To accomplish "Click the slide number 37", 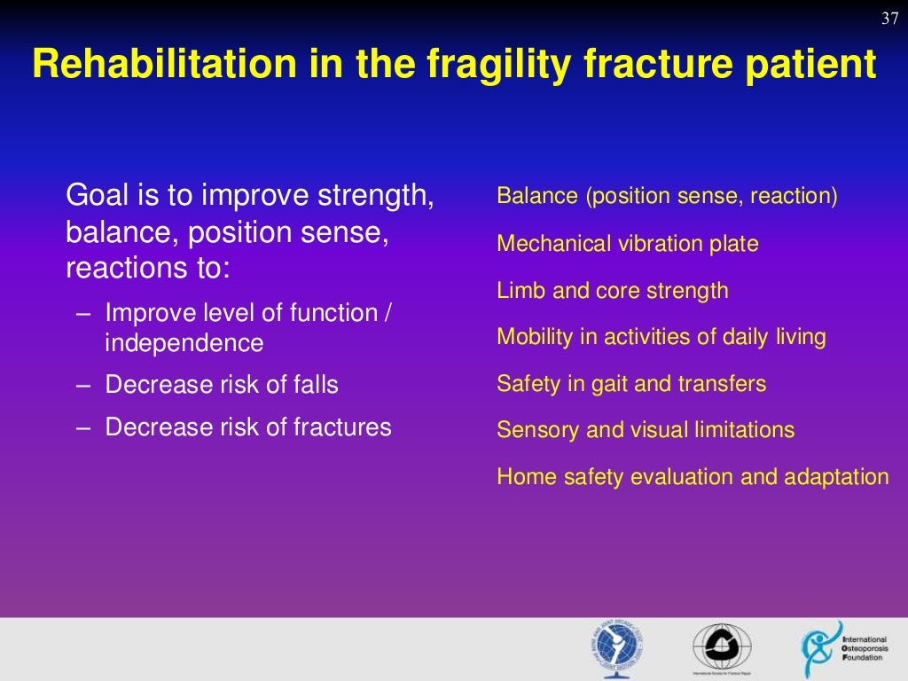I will (x=891, y=20).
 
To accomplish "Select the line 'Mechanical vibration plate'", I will (x=627, y=244).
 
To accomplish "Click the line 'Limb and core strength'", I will (x=612, y=291).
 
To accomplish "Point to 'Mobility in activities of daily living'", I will (x=661, y=337).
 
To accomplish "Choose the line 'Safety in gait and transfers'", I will (x=631, y=384).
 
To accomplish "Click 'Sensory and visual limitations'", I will (x=645, y=430).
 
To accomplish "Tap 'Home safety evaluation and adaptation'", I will (x=692, y=477).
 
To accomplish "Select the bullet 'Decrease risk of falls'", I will (x=221, y=385).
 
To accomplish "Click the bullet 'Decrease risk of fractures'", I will (x=247, y=427).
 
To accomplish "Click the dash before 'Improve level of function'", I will (x=83, y=313).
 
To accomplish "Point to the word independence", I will (x=184, y=343).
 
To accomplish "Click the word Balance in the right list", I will (x=536, y=196).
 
